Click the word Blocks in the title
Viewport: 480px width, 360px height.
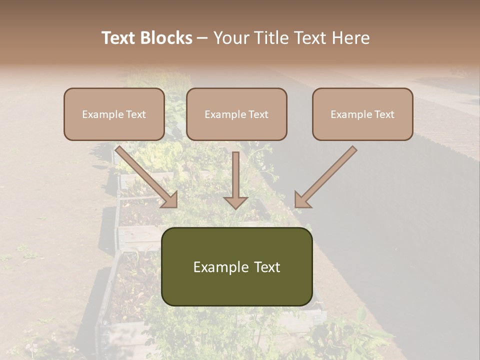tap(167, 38)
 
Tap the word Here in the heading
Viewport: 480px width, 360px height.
tap(351, 38)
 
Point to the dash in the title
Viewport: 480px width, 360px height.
tap(202, 38)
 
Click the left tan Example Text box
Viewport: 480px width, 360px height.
tap(114, 114)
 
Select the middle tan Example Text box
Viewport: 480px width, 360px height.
tap(236, 114)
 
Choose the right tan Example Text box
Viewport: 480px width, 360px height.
tap(362, 114)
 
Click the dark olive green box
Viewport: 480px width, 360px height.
tap(236, 266)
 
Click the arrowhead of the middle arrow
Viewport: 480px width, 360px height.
tap(235, 202)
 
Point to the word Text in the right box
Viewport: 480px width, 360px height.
tap(384, 114)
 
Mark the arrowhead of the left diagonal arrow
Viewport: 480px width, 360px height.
tap(170, 200)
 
